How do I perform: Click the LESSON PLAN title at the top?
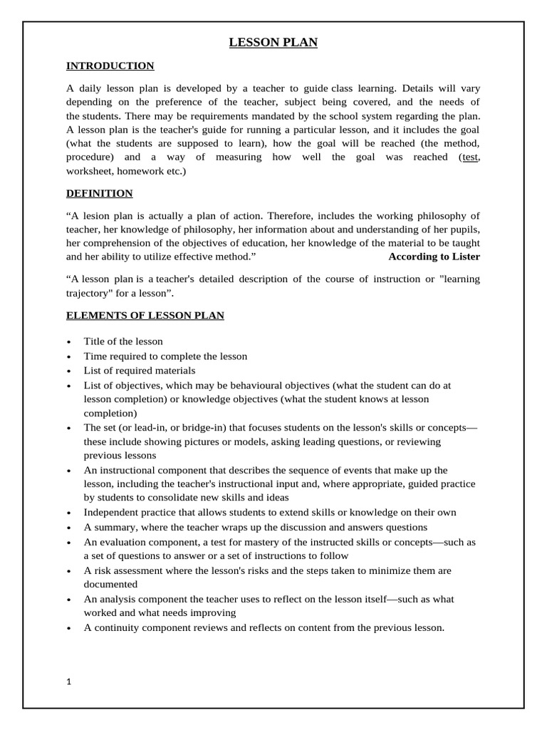[x=273, y=43]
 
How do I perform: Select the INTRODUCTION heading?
[x=110, y=66]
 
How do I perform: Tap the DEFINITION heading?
[x=99, y=193]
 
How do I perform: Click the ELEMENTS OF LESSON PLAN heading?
[x=145, y=315]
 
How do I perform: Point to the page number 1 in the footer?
[x=69, y=682]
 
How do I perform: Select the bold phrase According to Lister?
[x=434, y=256]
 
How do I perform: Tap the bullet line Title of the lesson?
[x=123, y=341]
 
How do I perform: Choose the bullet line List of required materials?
[x=139, y=371]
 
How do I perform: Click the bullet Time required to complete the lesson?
[x=165, y=356]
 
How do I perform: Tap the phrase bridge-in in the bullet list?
[x=187, y=428]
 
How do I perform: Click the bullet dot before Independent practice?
[x=68, y=513]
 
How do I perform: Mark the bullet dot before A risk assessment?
[x=68, y=572]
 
